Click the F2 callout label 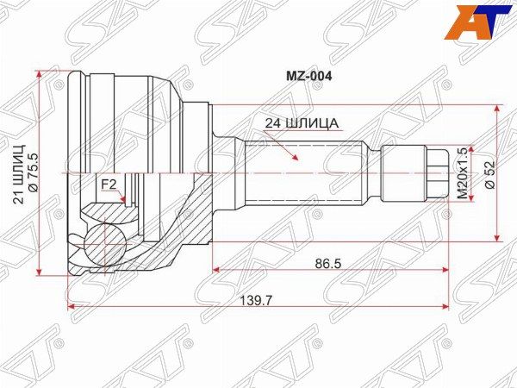tap(109, 185)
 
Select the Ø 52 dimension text tap(488, 173)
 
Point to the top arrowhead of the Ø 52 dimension tap(496, 110)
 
